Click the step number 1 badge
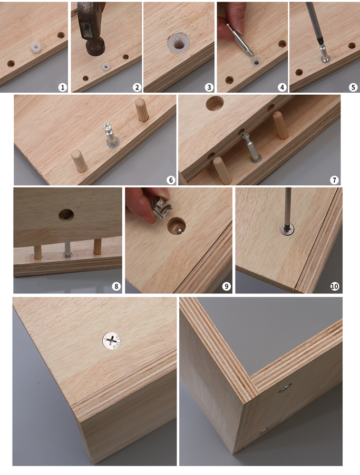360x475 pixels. click(63, 87)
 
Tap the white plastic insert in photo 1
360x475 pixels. click(36, 47)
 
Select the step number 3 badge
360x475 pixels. click(209, 87)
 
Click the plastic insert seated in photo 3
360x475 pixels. click(179, 44)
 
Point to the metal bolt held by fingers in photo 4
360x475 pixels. click(240, 39)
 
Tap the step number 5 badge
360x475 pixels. click(353, 87)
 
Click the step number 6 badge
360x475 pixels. click(171, 180)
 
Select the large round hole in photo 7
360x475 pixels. click(215, 103)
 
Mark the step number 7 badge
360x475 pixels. click(334, 180)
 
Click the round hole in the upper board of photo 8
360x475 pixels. click(66, 215)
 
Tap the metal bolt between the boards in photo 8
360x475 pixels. click(67, 250)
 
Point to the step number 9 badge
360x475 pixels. click(226, 286)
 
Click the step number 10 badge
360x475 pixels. click(335, 286)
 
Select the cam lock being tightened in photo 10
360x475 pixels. click(287, 229)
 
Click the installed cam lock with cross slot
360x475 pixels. click(111, 341)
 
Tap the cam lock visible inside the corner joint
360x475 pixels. click(285, 388)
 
